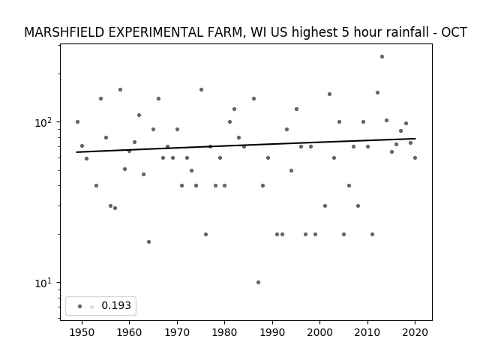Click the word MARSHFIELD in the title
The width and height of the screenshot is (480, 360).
[64, 32]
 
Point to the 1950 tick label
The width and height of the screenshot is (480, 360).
[82, 332]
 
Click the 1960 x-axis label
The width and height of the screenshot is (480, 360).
[129, 332]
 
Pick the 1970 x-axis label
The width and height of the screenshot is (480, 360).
[177, 332]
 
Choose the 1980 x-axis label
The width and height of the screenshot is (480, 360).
[224, 332]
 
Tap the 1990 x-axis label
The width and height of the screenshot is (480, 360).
[272, 332]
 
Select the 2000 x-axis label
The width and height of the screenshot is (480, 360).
[320, 332]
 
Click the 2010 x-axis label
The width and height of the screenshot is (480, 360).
[367, 332]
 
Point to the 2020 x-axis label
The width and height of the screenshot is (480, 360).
[415, 332]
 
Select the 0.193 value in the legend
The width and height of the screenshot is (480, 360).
[116, 305]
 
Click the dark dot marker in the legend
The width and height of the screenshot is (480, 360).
[79, 306]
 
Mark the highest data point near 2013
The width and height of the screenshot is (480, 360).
[382, 57]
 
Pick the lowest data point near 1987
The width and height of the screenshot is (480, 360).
[258, 282]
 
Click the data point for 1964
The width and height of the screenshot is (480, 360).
[148, 241]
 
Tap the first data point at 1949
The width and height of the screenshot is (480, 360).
[77, 121]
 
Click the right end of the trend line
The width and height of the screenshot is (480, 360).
[415, 139]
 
